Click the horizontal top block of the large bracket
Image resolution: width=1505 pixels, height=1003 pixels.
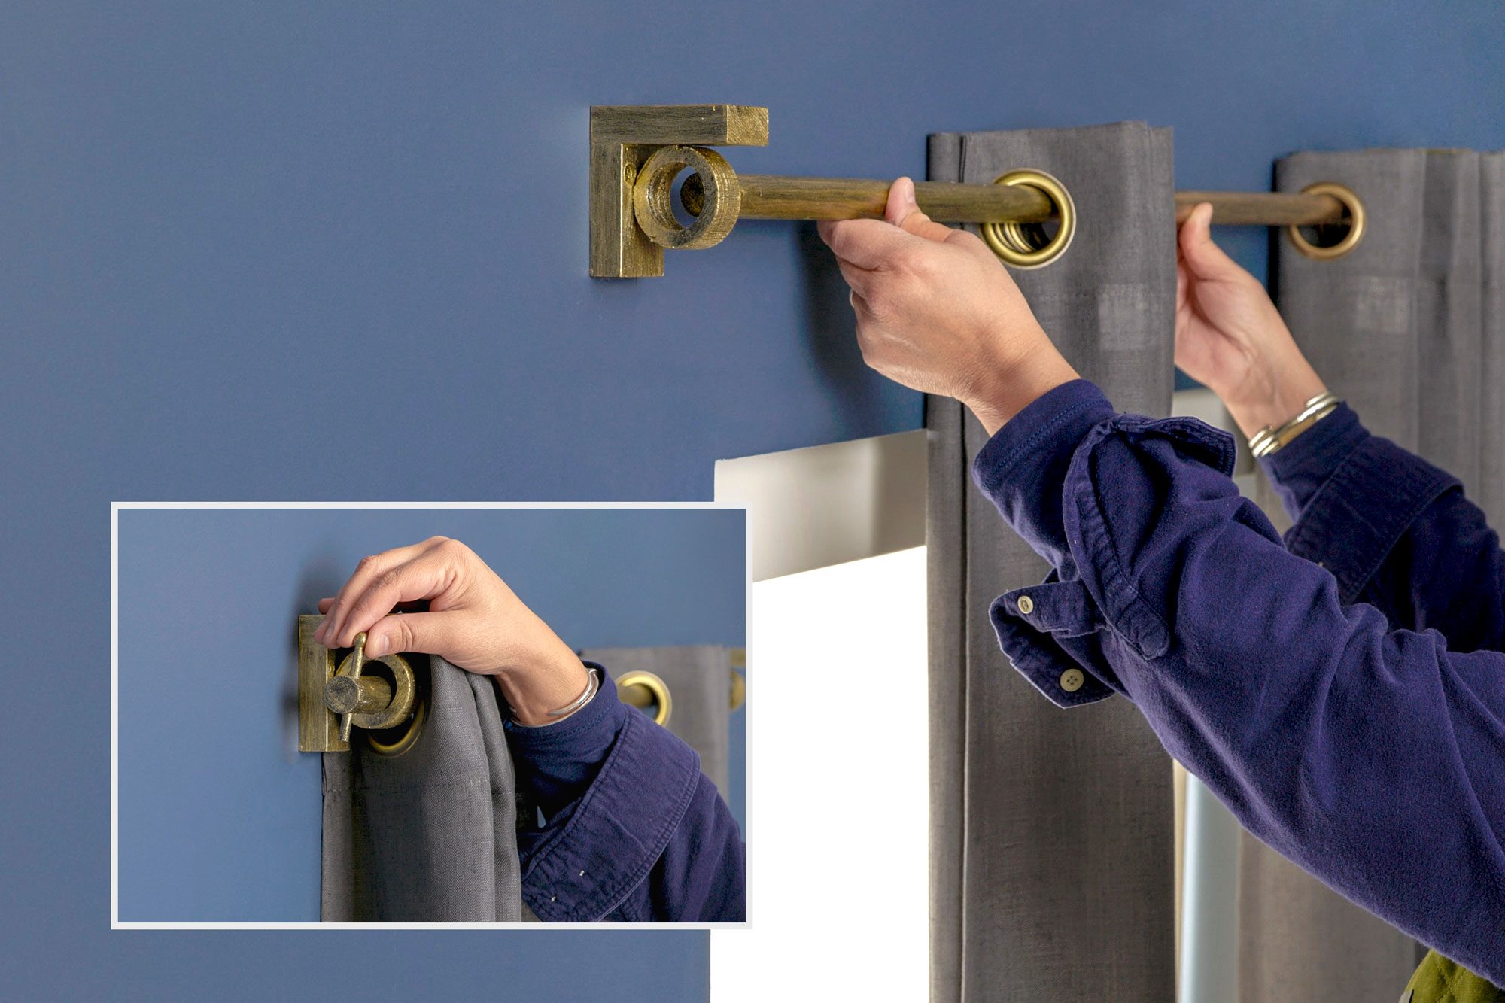[x=677, y=125]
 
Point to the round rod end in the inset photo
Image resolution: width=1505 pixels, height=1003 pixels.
[x=341, y=693]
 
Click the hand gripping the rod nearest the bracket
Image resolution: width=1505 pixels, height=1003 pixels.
[x=926, y=293]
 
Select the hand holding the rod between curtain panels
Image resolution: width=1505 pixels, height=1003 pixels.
[x=1234, y=316]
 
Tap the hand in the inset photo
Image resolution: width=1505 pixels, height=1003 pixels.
[x=451, y=609]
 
